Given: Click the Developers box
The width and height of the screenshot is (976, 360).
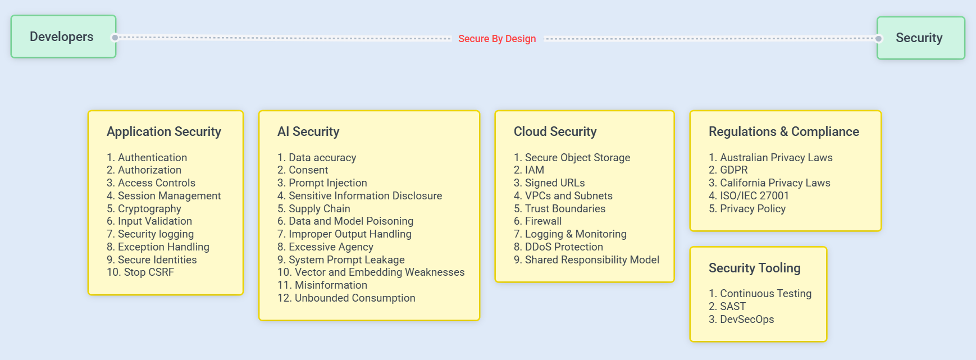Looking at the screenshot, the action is pyautogui.click(x=63, y=37).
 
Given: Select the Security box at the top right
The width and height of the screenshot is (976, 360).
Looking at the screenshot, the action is pyautogui.click(x=921, y=38).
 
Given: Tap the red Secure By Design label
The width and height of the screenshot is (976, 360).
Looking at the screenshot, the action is pyautogui.click(x=497, y=39).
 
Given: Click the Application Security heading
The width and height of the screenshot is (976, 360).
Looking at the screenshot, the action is pyautogui.click(x=164, y=131).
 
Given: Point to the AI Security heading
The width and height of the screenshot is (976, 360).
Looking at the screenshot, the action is pyautogui.click(x=308, y=131).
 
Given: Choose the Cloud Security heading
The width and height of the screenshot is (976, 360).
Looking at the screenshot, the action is pyautogui.click(x=555, y=131).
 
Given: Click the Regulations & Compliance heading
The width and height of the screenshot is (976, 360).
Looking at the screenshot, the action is pyautogui.click(x=784, y=131).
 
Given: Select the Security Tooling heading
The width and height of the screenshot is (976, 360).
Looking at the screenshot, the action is pyautogui.click(x=755, y=268).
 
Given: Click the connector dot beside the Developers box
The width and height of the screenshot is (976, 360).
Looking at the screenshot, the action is pyautogui.click(x=115, y=38).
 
